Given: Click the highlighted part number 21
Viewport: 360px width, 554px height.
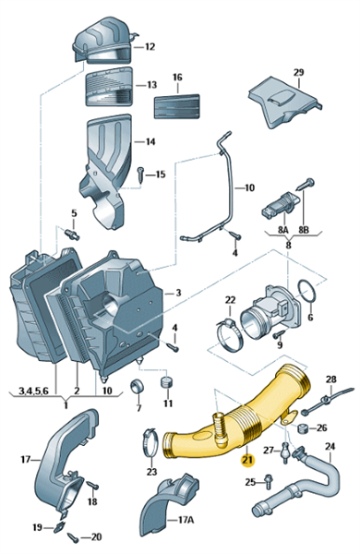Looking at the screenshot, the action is pyautogui.click(x=247, y=460).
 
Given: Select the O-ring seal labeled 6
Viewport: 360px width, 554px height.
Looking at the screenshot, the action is pyautogui.click(x=306, y=291).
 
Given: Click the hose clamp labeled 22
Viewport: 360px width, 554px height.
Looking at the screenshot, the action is pyautogui.click(x=229, y=334).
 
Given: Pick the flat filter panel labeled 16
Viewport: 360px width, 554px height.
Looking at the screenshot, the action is pyautogui.click(x=176, y=106).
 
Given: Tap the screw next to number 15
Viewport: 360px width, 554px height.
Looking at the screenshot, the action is pyautogui.click(x=140, y=175).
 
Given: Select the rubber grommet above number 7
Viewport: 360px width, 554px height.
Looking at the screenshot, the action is pyautogui.click(x=137, y=386).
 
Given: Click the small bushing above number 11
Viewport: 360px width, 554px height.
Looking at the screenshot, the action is pyautogui.click(x=167, y=381).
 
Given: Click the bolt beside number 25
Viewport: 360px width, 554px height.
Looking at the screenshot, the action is pyautogui.click(x=268, y=481).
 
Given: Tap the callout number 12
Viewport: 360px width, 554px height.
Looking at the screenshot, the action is pyautogui.click(x=150, y=47).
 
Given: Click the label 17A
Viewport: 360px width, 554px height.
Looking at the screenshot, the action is pyautogui.click(x=186, y=520).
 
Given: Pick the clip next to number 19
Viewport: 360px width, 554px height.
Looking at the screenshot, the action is pyautogui.click(x=59, y=527).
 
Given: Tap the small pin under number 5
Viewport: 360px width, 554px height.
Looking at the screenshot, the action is pyautogui.click(x=73, y=235).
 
